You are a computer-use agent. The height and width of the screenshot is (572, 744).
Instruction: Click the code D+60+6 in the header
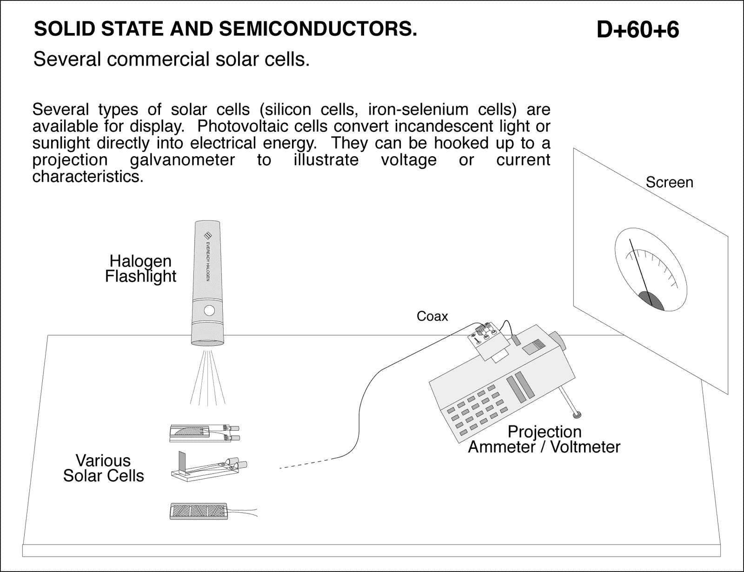click(x=638, y=30)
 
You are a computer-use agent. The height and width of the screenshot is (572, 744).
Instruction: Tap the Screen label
click(x=669, y=182)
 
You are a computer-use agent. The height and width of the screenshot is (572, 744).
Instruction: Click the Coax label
click(x=432, y=316)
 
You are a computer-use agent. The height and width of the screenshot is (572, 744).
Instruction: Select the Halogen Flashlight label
click(x=140, y=269)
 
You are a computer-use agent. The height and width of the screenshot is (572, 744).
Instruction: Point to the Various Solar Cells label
click(x=103, y=468)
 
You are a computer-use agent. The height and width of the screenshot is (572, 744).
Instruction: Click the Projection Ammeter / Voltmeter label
click(x=544, y=439)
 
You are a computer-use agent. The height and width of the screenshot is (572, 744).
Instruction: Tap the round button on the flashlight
click(x=209, y=310)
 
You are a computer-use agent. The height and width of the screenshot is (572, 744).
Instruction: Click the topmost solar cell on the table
click(x=205, y=432)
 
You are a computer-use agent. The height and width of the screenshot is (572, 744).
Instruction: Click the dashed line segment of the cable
click(x=306, y=464)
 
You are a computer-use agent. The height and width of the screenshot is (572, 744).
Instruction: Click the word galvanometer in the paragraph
click(x=182, y=160)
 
